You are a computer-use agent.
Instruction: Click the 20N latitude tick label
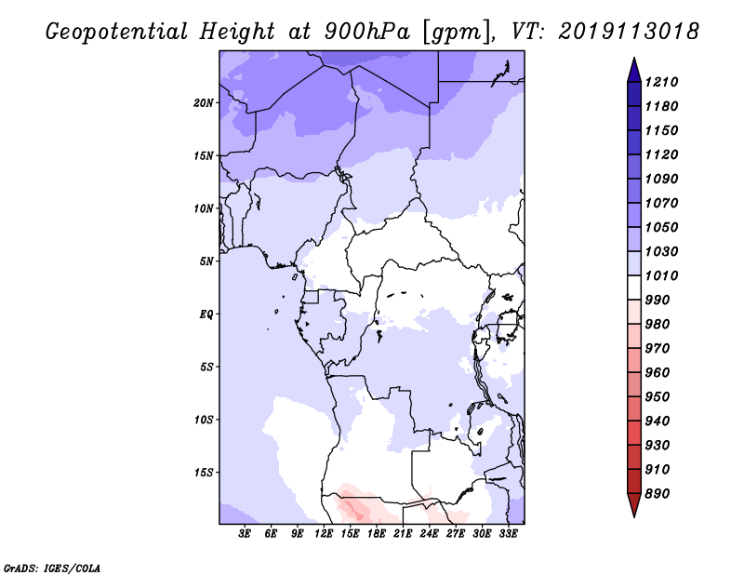pos(204,103)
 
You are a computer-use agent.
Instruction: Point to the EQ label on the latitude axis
pos(206,314)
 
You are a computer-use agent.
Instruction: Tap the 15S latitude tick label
pos(204,473)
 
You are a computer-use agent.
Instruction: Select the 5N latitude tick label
pos(206,261)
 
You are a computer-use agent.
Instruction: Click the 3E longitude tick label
pos(245,534)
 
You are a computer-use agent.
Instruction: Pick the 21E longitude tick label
pos(403,534)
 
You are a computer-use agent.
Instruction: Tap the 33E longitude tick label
pos(508,534)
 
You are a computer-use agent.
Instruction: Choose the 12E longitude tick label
pos(324,534)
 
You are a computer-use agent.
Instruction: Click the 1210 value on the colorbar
pos(661,82)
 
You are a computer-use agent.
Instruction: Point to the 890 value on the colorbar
pos(658,494)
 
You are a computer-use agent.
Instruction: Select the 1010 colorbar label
pos(661,275)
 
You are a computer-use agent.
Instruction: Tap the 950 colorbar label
pos(658,397)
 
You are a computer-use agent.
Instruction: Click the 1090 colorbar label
pos(661,179)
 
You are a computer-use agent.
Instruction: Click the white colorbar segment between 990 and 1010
pos(634,287)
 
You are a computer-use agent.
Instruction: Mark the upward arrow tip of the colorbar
pos(634,58)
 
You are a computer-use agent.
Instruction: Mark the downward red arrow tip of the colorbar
pos(634,517)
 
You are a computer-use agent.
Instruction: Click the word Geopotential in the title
pos(117,33)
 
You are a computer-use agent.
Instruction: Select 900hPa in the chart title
pos(367,32)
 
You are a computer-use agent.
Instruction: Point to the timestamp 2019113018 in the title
pos(629,32)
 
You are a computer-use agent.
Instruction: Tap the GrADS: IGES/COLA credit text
pos(52,568)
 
